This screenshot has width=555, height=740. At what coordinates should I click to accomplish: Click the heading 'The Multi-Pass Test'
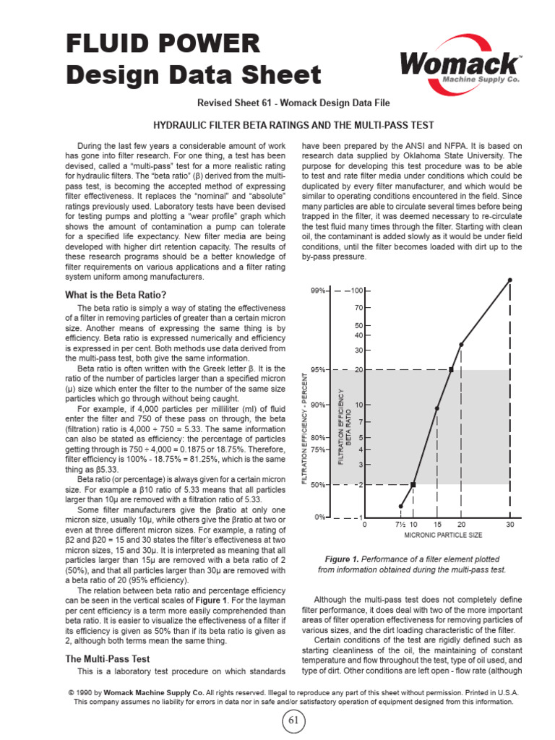click(x=108, y=659)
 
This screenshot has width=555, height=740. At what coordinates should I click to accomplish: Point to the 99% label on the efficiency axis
click(x=318, y=291)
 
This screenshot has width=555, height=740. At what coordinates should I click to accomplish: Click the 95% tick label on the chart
click(x=318, y=369)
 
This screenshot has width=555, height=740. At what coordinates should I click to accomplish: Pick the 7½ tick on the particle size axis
click(x=400, y=524)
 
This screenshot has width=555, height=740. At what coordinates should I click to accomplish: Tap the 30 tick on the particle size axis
click(x=510, y=524)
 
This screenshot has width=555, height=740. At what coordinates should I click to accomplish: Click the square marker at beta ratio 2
click(x=413, y=484)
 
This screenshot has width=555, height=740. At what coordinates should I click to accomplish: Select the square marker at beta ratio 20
click(x=452, y=369)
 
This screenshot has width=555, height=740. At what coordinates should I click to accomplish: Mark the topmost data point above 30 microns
click(x=510, y=280)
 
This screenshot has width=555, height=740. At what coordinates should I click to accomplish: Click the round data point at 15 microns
click(x=437, y=408)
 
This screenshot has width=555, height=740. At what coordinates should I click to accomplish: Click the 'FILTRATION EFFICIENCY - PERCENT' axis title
click(x=305, y=428)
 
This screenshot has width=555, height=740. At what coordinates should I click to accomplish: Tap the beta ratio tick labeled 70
click(x=358, y=308)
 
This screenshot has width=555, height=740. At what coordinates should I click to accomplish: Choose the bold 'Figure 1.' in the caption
click(x=347, y=559)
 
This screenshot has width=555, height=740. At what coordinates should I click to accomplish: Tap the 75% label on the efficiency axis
click(x=318, y=449)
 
